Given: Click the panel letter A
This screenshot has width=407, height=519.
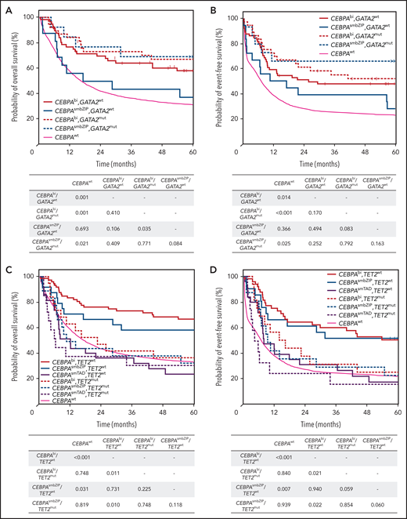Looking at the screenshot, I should (9, 7).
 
